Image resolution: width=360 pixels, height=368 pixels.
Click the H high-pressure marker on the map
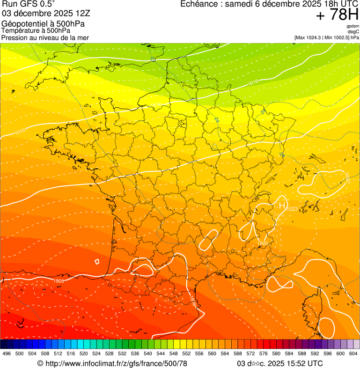point(282,205)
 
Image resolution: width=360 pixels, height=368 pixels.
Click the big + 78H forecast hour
point(337,15)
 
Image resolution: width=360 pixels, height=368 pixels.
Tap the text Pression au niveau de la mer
point(45,37)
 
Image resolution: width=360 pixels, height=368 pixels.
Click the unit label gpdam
point(353,26)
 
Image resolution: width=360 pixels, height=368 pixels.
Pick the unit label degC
point(353,32)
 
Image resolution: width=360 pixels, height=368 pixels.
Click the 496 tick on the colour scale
point(7,354)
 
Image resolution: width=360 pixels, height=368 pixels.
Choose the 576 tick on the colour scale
point(264,354)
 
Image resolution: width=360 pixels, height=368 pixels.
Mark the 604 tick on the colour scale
point(353,354)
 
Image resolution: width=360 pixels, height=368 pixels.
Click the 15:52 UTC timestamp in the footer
point(300,363)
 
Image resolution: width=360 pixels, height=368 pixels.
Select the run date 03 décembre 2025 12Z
point(49,14)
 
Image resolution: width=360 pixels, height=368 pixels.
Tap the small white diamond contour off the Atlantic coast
point(97,262)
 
